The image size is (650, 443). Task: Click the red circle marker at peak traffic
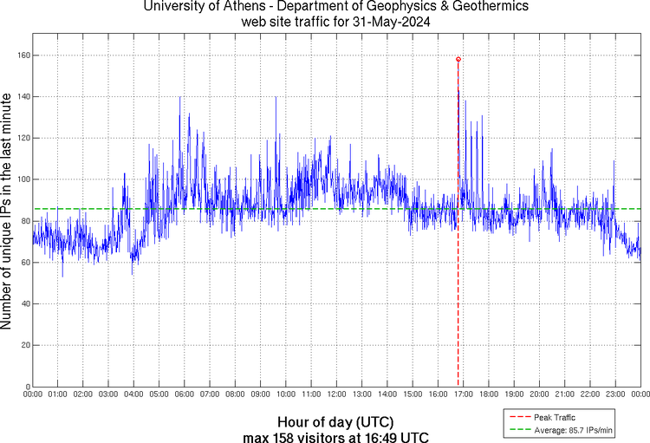458,59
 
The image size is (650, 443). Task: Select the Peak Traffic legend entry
554,418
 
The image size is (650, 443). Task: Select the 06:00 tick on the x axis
185,394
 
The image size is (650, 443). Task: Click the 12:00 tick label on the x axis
336,394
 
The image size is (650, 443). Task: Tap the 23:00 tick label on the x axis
615,394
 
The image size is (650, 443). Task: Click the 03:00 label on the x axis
108,394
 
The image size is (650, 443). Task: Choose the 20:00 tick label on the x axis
539,394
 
